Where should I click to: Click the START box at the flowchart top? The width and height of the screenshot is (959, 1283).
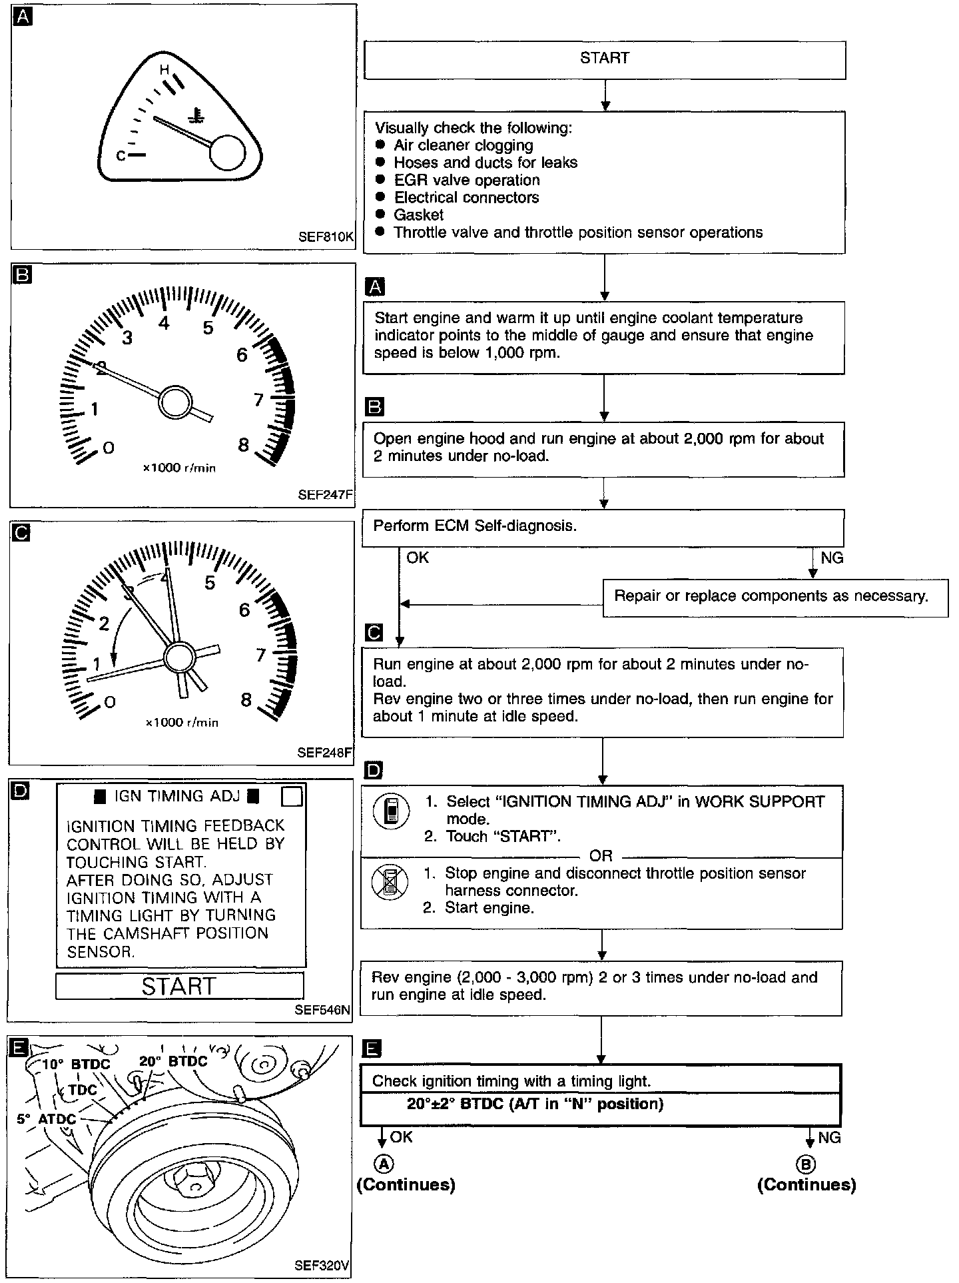[605, 59]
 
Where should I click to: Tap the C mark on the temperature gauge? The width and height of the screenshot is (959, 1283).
[121, 155]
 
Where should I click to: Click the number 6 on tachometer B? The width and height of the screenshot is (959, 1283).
[242, 354]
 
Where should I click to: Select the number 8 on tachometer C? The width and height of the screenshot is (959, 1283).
[246, 699]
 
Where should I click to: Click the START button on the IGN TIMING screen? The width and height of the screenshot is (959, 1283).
[179, 986]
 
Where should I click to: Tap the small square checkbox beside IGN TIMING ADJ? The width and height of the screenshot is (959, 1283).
[292, 796]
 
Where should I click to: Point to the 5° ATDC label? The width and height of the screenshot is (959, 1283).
[47, 1119]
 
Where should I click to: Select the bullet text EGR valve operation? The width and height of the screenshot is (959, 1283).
[466, 180]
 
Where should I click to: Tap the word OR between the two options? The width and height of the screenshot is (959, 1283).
[601, 856]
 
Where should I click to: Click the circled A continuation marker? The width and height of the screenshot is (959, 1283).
[384, 1164]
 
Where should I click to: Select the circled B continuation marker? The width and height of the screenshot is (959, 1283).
[806, 1164]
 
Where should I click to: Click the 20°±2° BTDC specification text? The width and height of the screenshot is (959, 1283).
[535, 1104]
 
